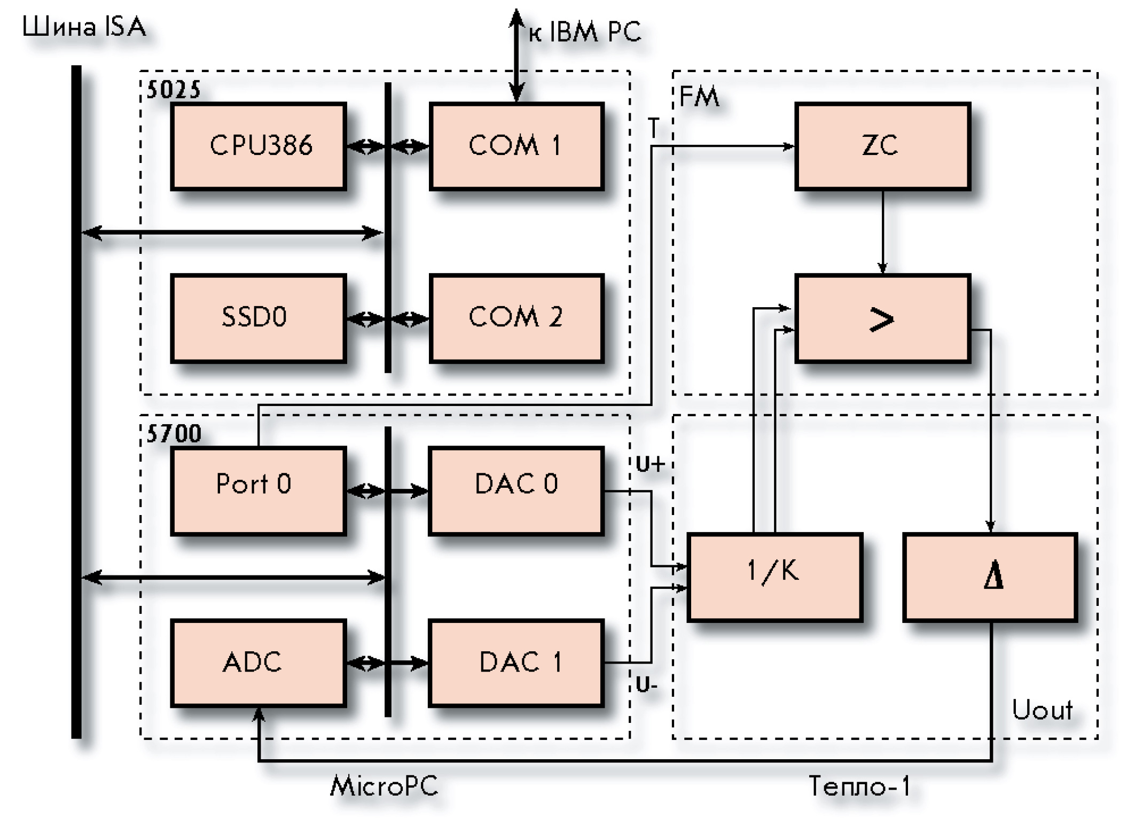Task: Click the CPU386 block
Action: pos(259,146)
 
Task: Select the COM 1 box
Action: pos(516,146)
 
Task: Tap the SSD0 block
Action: pos(259,318)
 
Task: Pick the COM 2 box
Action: pos(516,318)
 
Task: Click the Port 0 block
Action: pos(259,490)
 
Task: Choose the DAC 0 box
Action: pos(516,490)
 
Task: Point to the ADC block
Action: pos(259,663)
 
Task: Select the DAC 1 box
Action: pos(516,663)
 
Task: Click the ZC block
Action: pos(882,146)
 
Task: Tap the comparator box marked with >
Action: pos(882,318)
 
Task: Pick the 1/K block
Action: pos(774,577)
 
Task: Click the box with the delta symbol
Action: pos(990,577)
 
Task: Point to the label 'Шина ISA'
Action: pos(84,27)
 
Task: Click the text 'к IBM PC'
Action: pos(585,32)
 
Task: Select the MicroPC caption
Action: pos(384,786)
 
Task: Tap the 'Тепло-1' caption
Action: pos(859,786)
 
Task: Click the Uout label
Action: pos(1042,710)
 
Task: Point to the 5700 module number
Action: pos(174,434)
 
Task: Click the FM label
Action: pos(699,97)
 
